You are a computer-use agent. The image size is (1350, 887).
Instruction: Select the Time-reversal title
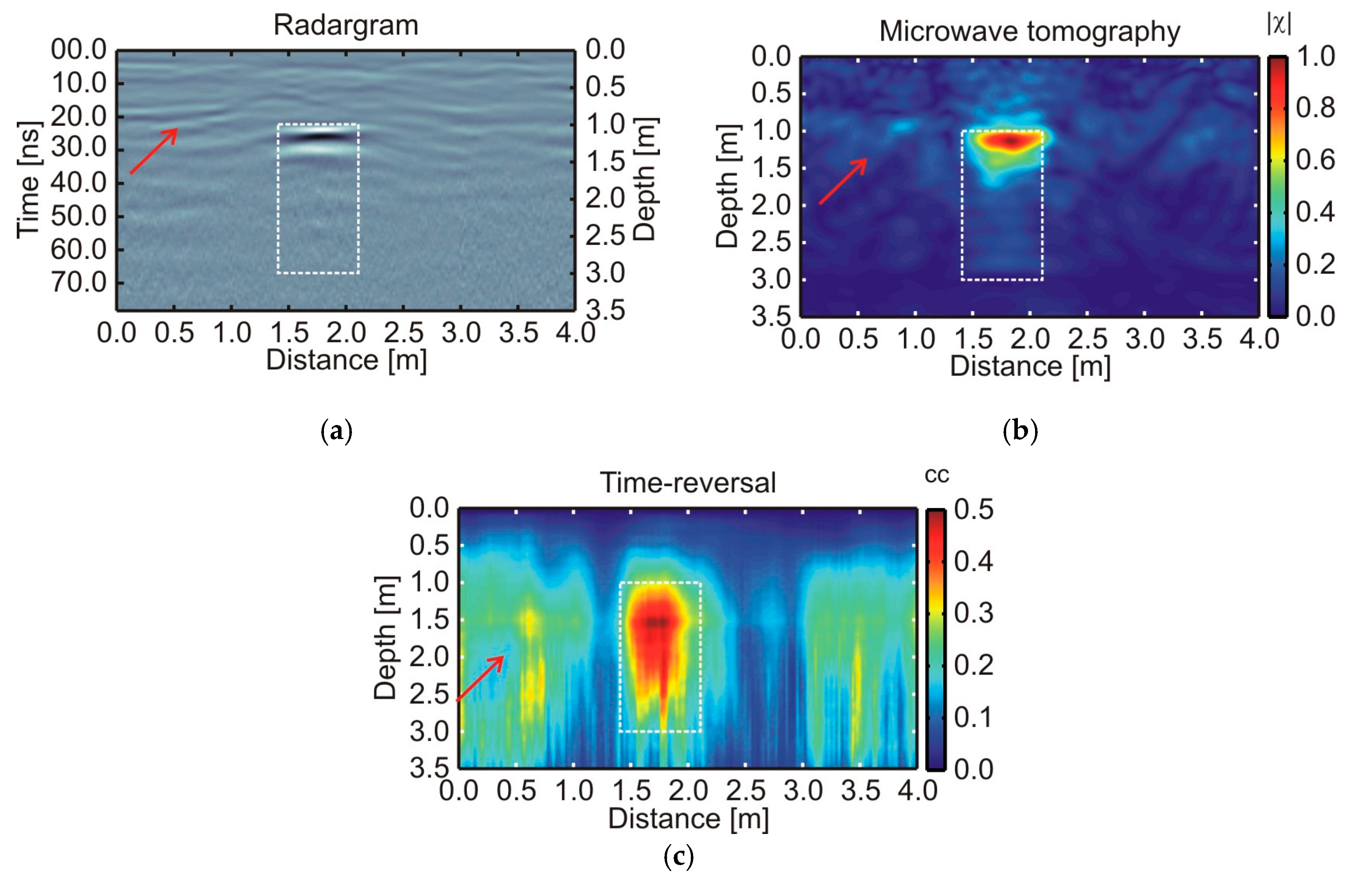click(x=687, y=483)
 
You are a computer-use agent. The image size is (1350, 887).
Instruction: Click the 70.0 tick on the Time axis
click(x=79, y=282)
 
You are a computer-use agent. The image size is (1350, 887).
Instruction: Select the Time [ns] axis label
click(x=28, y=180)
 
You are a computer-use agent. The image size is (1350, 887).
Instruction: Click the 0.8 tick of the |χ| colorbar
click(x=1315, y=108)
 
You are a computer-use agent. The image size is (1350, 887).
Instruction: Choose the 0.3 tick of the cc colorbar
click(x=973, y=613)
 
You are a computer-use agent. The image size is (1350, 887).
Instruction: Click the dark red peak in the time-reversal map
click(x=657, y=622)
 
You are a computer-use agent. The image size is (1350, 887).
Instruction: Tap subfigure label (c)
click(x=678, y=856)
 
